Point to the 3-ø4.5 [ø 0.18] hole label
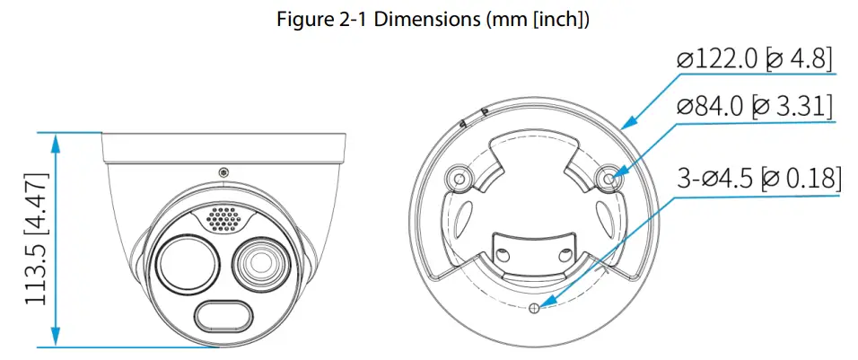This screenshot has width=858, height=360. [757, 178]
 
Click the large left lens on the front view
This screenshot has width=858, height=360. [186, 264]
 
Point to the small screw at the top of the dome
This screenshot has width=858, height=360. [223, 171]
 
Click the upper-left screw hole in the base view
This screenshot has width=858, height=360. [460, 179]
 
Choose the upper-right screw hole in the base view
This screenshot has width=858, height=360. [610, 180]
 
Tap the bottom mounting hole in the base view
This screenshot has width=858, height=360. [535, 308]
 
